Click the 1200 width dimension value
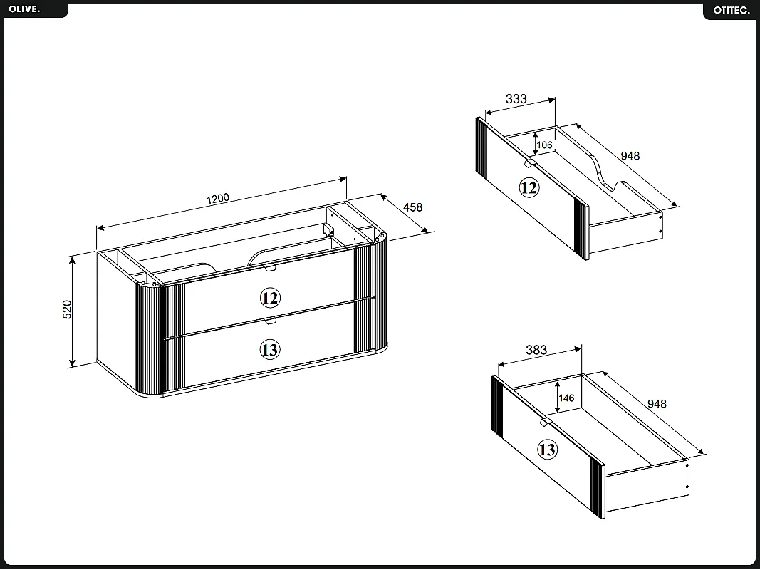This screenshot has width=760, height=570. coord(218,198)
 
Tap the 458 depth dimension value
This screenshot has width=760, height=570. coord(412,207)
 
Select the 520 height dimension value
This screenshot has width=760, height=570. coord(68,309)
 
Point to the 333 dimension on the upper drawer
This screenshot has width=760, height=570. coord(516,99)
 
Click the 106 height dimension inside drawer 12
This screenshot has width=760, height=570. coord(544,145)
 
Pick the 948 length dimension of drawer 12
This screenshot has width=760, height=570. coord(630,156)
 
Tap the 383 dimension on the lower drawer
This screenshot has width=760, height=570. coord(536,350)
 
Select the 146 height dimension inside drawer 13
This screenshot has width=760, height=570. coord(566,398)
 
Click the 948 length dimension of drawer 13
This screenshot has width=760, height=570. coord(657,404)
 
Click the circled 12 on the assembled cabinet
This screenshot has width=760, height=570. coord(269,297)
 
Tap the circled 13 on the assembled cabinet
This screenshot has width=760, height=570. coord(269,350)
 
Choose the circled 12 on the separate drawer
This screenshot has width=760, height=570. coord(529,188)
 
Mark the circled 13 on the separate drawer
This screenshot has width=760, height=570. coord(546,450)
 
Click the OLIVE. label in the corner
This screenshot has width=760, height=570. coord(25,9)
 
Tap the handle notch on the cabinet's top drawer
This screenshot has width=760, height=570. coord(269,268)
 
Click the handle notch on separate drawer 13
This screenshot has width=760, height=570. coord(545,423)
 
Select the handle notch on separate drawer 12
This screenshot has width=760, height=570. coord(529,164)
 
